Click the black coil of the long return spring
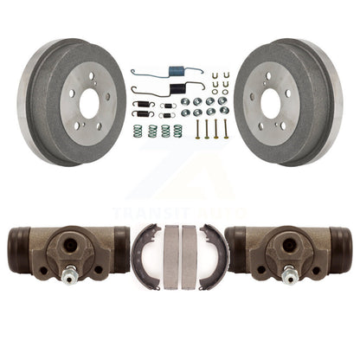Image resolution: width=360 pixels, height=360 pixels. (176, 87)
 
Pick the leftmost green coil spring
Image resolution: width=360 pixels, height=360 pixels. (138, 131)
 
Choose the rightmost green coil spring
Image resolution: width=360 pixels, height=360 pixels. (177, 131)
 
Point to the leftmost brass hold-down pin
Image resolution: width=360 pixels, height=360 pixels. (197, 129)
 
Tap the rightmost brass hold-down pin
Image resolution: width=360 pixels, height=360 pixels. (225, 129)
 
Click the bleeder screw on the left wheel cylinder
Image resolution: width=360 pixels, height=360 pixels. (70, 275)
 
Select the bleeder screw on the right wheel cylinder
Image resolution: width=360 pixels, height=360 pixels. (289, 275)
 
